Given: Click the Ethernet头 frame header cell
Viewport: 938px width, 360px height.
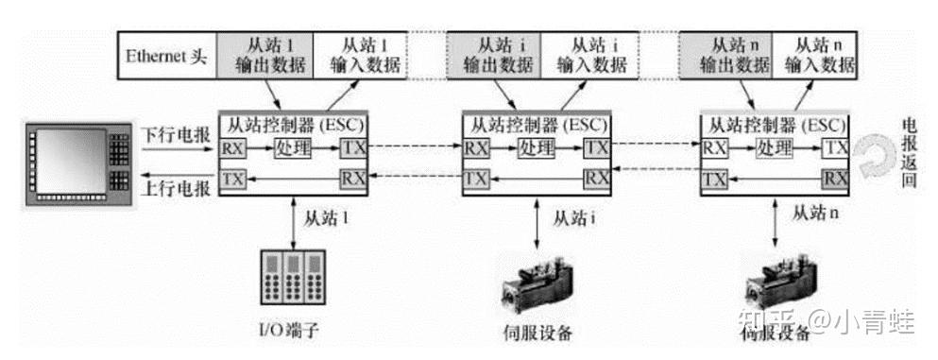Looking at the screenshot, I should (x=166, y=55).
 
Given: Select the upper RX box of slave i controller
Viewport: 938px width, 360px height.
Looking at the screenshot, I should (x=476, y=148).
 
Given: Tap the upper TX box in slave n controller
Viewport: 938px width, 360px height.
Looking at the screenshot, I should (x=835, y=148).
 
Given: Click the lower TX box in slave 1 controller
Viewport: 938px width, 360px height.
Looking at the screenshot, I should (x=232, y=178).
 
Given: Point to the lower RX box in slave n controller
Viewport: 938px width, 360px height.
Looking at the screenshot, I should (x=835, y=178).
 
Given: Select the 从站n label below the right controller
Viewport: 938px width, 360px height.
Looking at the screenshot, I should (x=815, y=215).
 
